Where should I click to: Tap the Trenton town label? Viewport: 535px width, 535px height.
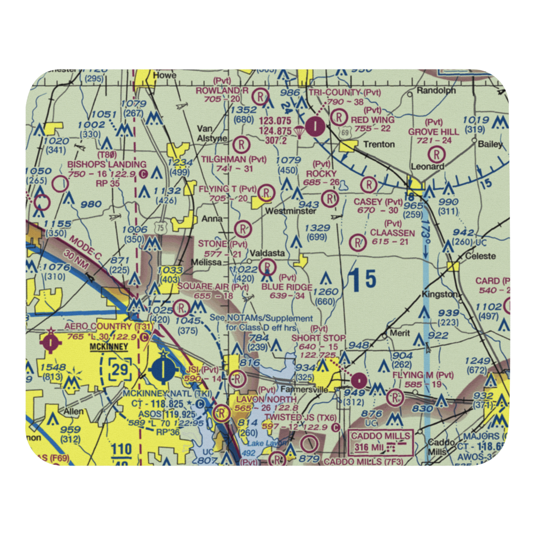[x=379, y=144]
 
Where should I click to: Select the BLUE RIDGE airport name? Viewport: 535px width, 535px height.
[x=287, y=287]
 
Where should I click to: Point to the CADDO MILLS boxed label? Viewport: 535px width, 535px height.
[x=381, y=436]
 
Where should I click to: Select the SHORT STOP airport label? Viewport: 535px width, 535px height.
[x=319, y=338]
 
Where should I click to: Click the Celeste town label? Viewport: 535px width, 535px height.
[x=480, y=256]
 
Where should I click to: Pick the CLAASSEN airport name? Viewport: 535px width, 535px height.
[x=392, y=233]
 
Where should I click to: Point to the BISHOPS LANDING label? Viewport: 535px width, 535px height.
[x=106, y=164]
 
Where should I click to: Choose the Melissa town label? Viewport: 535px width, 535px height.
[x=210, y=262]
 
